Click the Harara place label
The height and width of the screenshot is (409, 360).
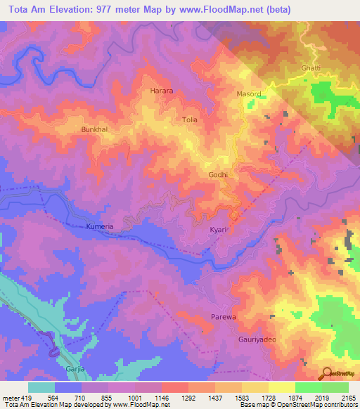[162, 91]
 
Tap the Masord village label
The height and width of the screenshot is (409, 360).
[248, 94]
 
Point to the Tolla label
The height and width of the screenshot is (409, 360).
[190, 120]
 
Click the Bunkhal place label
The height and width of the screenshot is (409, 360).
[95, 130]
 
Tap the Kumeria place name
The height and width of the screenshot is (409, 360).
[99, 227]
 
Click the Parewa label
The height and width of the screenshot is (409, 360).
[222, 318]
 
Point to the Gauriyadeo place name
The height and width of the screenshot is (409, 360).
[247, 338]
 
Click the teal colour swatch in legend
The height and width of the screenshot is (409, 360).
[41, 387]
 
